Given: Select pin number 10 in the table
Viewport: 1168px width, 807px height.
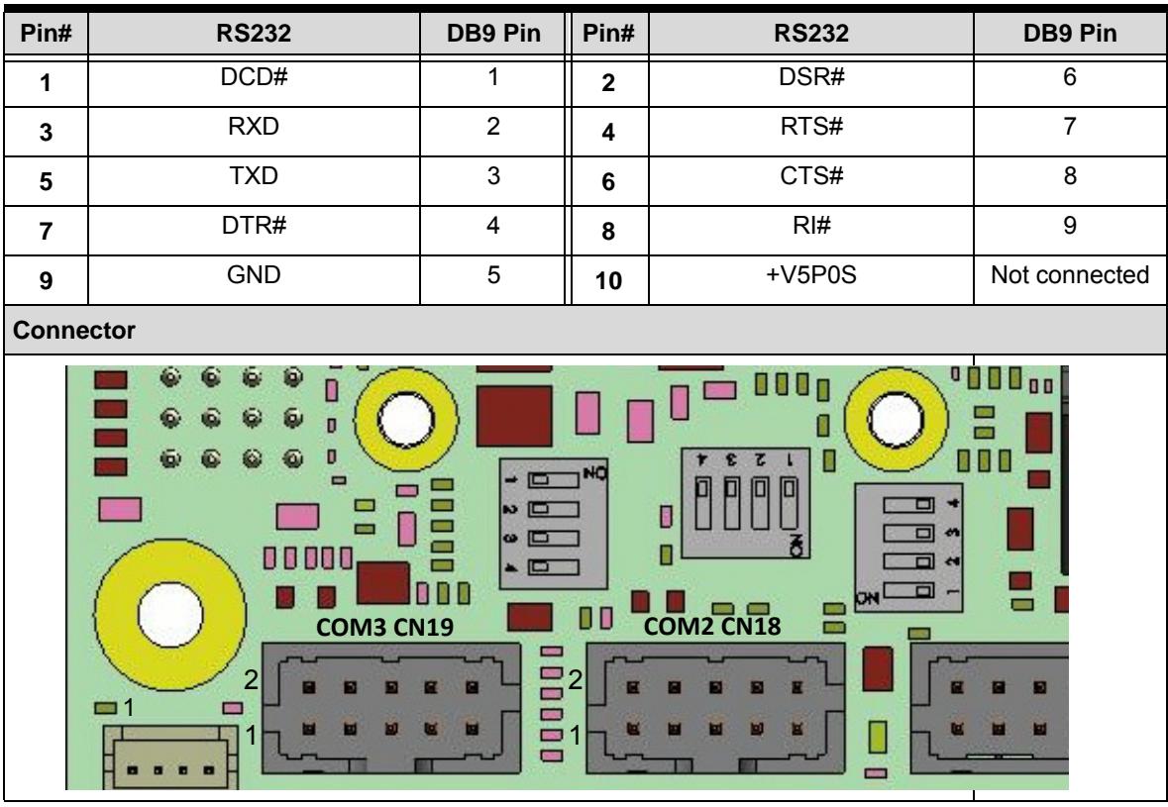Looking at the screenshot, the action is [608, 280].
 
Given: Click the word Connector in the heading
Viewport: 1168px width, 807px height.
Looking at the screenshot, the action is [73, 330].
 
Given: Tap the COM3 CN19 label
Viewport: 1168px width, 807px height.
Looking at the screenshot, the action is [384, 627].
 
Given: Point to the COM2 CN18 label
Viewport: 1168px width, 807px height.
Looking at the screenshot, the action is [712, 626].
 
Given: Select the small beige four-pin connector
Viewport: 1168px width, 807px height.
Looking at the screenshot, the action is [169, 757].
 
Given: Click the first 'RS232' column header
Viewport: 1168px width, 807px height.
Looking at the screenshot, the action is [254, 34].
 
